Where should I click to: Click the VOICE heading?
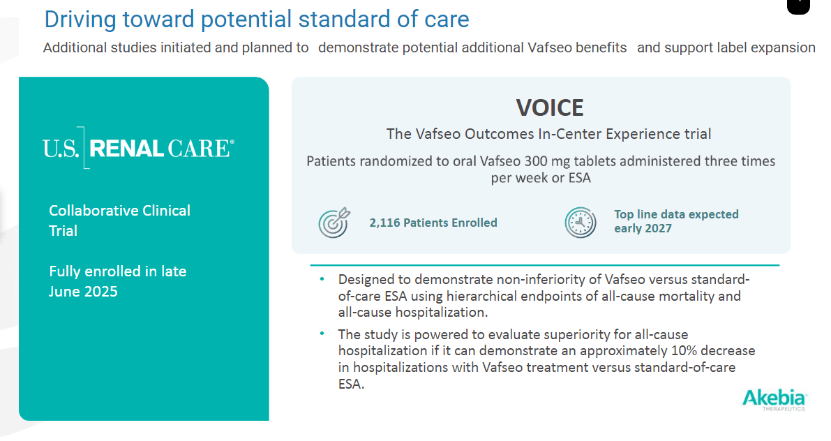pos(550,108)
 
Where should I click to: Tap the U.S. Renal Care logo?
pos(138,148)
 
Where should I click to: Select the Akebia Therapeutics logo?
pos(774,400)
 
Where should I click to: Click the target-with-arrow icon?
pos(334,223)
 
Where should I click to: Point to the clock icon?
pos(581,223)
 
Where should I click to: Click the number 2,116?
pos(384,223)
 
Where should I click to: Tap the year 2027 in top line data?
pos(658,228)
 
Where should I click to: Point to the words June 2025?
pos(83,292)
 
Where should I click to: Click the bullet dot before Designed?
pos(322,279)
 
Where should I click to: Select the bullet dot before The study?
pos(322,334)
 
